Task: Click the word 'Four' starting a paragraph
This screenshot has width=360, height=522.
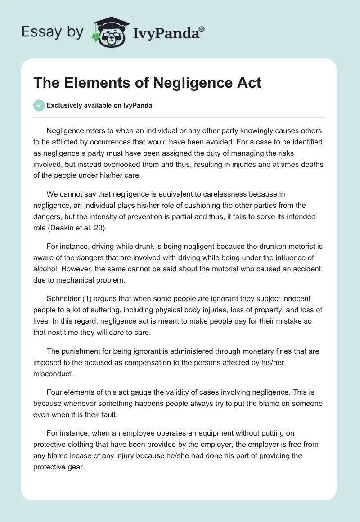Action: point(54,392)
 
